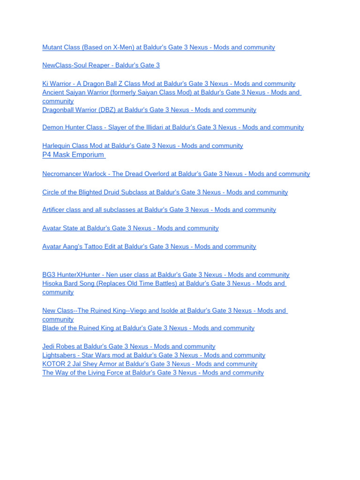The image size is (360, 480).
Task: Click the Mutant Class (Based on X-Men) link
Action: tap(158, 47)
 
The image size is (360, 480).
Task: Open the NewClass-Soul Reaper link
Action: tap(101, 65)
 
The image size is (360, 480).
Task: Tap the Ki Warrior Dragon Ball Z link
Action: tap(169, 83)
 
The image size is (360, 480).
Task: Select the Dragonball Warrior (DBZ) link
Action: tap(149, 110)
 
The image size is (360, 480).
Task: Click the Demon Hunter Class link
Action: tap(173, 127)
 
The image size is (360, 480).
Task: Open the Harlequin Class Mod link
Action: tap(142, 146)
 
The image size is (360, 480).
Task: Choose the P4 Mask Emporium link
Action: tap(73, 155)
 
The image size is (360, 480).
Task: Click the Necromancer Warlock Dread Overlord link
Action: tap(176, 174)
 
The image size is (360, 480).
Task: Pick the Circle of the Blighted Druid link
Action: tap(165, 192)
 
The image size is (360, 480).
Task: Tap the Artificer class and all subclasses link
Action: tap(159, 210)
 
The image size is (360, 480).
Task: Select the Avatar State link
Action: tap(130, 228)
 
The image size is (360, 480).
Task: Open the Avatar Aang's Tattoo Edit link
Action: tap(149, 247)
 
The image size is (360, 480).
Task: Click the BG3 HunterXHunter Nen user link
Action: tap(165, 275)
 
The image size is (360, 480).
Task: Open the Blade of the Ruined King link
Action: tap(148, 328)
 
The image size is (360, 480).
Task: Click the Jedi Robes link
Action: tap(129, 346)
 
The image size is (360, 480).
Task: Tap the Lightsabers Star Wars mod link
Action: tap(154, 355)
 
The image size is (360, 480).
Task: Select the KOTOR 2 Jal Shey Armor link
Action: tap(150, 364)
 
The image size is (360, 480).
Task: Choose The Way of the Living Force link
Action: tap(153, 373)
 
